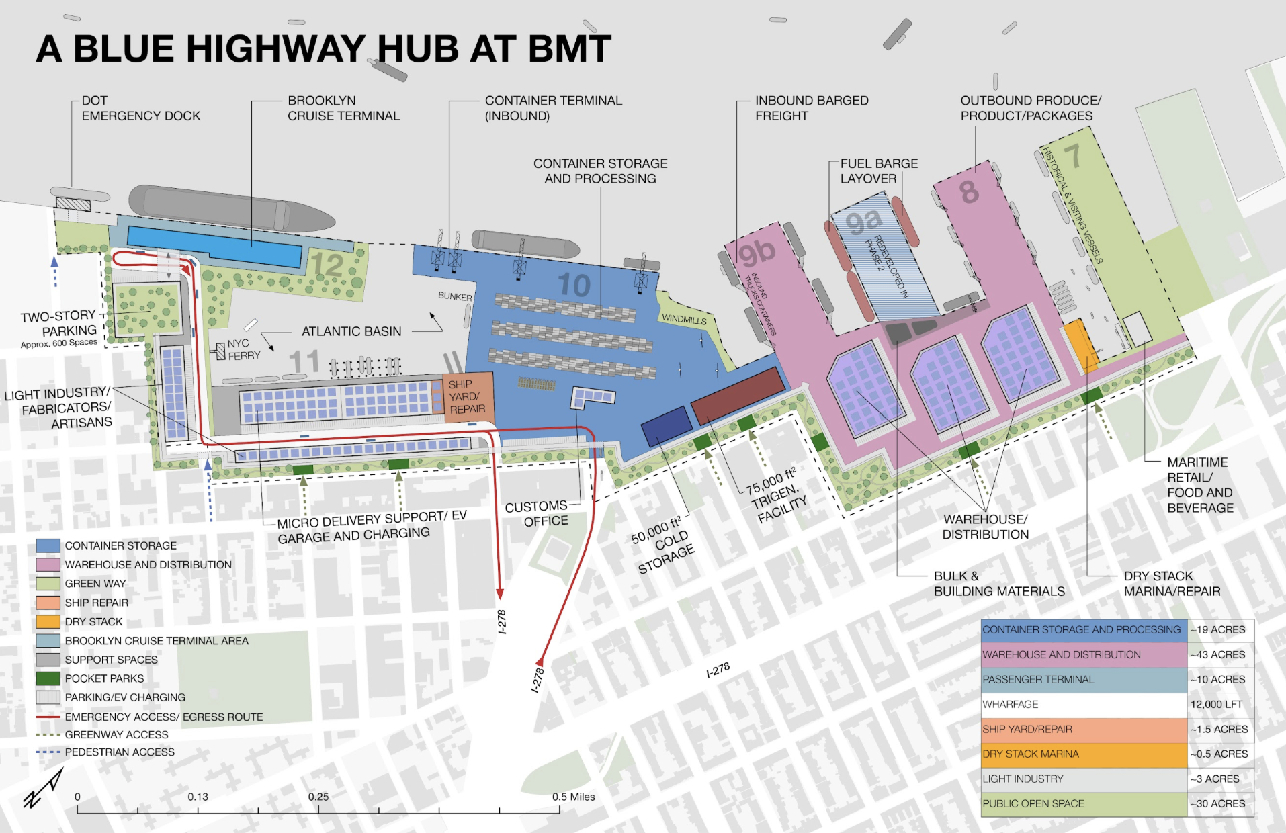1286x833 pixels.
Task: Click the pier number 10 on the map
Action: point(574,285)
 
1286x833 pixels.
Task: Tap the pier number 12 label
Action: point(327,265)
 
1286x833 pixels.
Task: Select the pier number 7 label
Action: point(1072,157)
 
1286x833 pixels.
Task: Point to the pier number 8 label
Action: point(969,192)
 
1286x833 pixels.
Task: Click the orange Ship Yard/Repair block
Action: point(468,396)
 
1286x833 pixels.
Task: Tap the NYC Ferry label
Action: point(242,349)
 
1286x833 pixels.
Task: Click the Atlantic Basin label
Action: point(351,331)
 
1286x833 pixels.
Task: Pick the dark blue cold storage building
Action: point(667,426)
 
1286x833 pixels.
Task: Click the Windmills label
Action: point(684,320)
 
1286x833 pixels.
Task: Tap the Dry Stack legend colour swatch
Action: point(48,621)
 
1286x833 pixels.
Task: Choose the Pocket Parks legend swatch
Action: point(48,678)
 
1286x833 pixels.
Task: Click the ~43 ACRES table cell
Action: point(1220,654)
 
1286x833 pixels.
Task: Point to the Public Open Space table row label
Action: point(1033,803)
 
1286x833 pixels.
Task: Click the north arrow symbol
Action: point(43,789)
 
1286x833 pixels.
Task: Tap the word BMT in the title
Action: point(569,48)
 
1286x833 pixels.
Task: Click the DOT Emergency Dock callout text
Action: point(140,108)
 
